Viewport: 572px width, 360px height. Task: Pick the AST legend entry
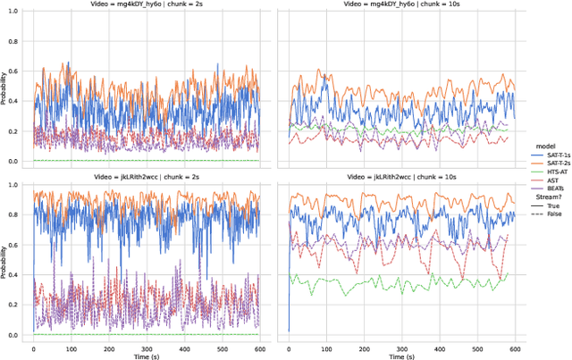[x=544, y=180]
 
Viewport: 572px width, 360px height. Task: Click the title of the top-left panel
[x=147, y=5]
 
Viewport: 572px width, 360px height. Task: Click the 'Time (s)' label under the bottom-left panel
[x=147, y=355]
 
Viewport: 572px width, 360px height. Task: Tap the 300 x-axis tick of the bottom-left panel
[x=146, y=346]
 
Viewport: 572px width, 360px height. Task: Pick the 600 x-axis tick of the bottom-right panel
[x=515, y=346]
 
